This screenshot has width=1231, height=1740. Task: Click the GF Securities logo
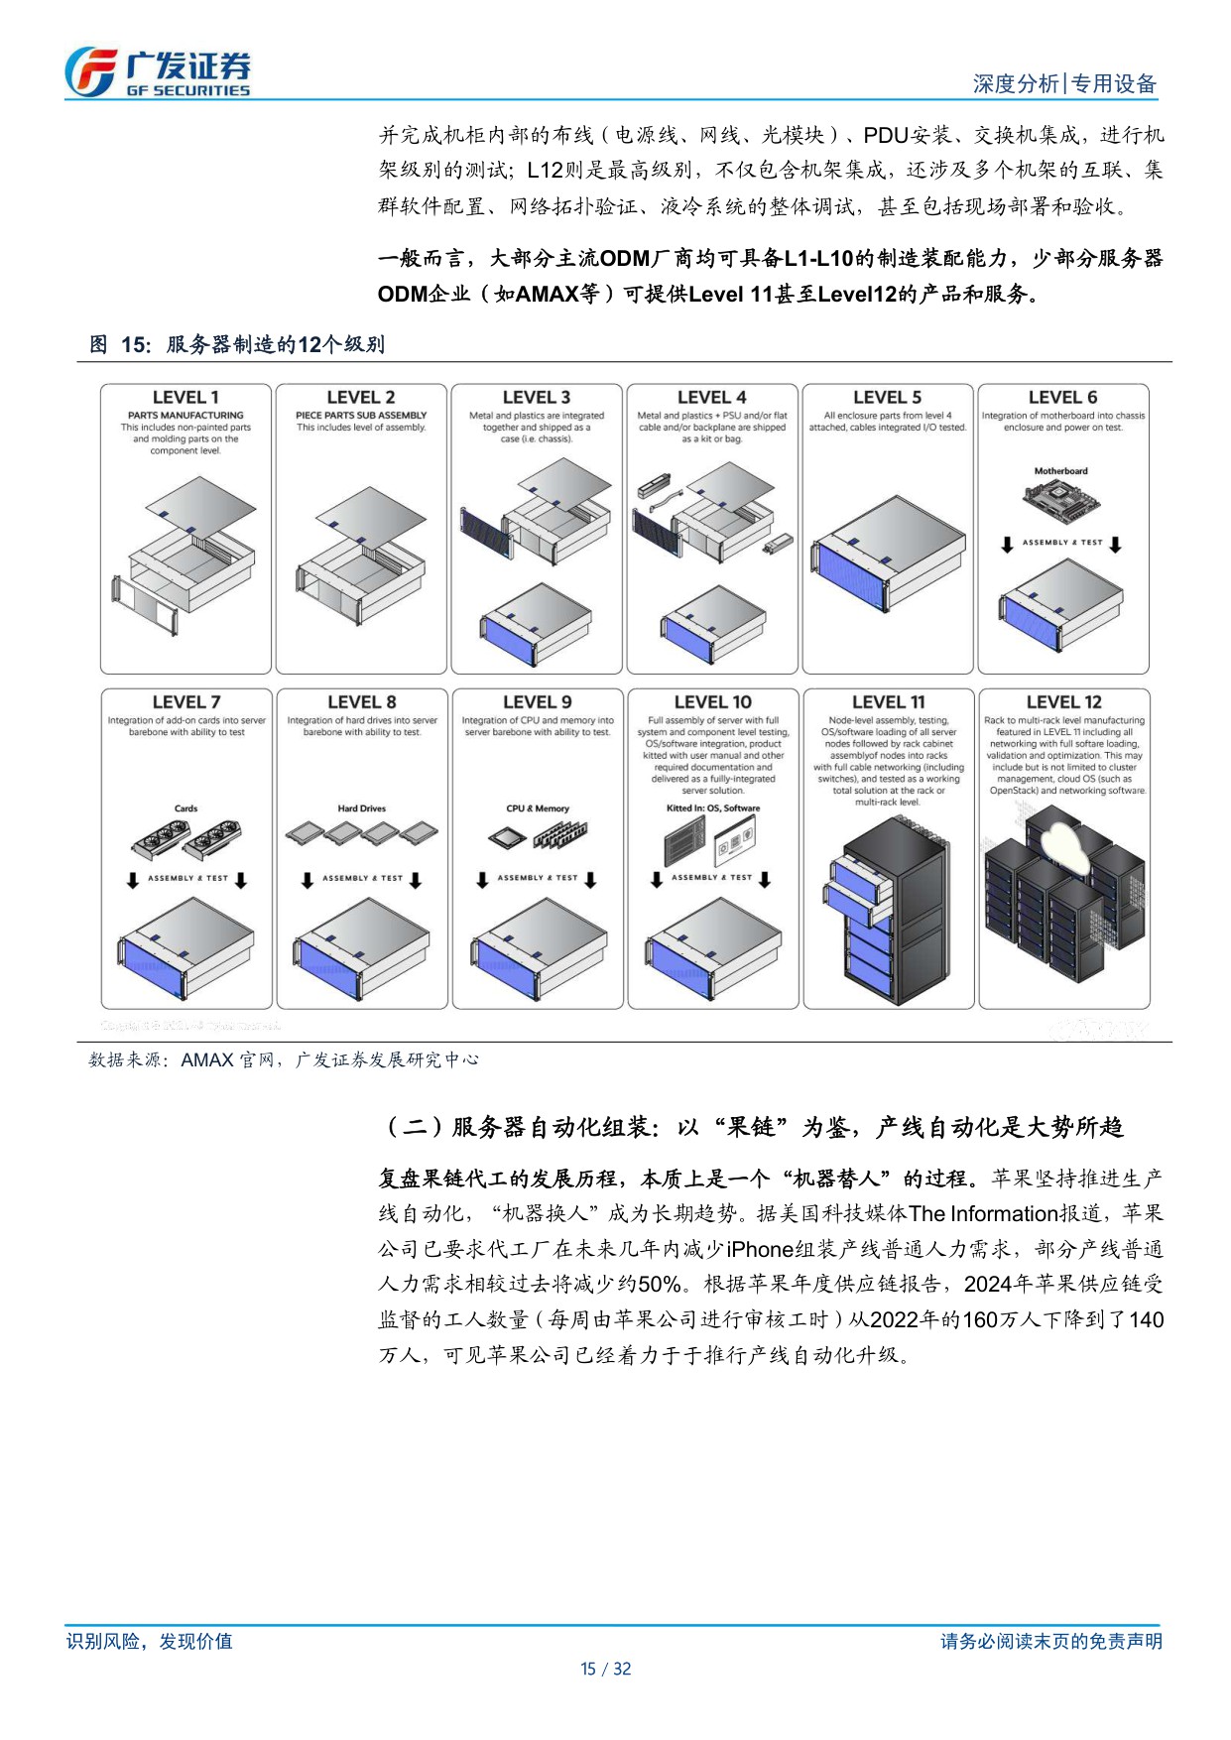[x=159, y=72]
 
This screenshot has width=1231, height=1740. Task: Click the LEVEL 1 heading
[x=185, y=397]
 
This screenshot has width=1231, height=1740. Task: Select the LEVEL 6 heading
[x=1062, y=397]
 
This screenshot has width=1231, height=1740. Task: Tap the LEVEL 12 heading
[x=1063, y=701]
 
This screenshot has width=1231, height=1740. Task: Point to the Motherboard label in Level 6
[x=1060, y=471]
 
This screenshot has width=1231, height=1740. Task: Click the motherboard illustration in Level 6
[x=1059, y=501]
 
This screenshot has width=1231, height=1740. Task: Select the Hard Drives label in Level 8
[x=361, y=808]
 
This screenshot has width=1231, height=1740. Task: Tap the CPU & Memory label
[x=538, y=808]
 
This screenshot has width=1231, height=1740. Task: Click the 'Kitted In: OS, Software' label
[x=712, y=808]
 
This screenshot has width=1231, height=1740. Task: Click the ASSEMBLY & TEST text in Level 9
[x=536, y=878]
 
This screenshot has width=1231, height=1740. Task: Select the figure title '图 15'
[x=236, y=344]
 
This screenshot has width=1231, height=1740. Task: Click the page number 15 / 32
[x=605, y=1669]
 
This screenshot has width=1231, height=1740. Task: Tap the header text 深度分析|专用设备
[x=1063, y=84]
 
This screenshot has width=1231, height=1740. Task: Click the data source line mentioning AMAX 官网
[x=284, y=1059]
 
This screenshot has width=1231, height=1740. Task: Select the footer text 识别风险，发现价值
[x=149, y=1641]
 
